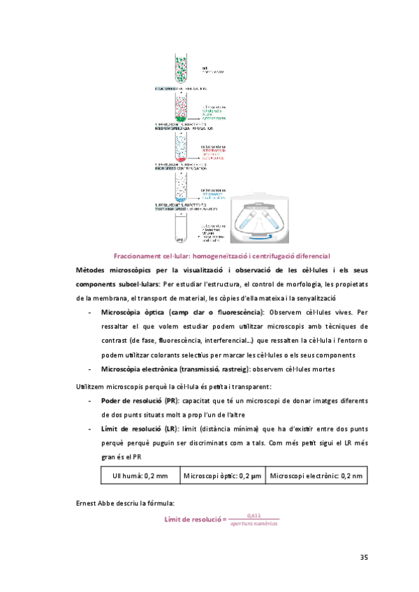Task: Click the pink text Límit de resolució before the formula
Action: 196,519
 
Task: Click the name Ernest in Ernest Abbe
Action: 87,502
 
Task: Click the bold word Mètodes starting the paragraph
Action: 92,270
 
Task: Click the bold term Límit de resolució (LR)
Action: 138,431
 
